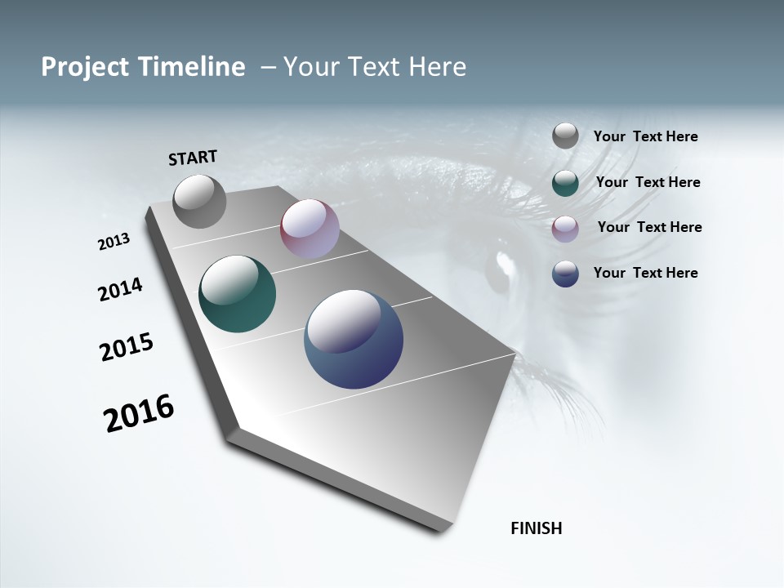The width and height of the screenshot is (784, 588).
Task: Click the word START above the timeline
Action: coord(193,158)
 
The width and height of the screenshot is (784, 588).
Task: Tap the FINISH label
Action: coord(536,528)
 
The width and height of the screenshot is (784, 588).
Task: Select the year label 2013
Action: coord(114,242)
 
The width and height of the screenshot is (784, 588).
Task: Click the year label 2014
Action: coord(120,289)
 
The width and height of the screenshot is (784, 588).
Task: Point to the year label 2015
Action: coord(127,347)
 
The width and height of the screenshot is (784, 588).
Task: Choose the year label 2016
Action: coord(139,413)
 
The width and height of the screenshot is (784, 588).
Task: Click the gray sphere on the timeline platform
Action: coord(199,201)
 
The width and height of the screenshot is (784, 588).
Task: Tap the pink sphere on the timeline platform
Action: coord(310,229)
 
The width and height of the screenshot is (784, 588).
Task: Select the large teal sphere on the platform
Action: coord(237,294)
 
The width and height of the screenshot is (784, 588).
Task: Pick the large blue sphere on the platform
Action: coord(354,339)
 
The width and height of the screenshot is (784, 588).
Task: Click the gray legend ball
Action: coord(565,136)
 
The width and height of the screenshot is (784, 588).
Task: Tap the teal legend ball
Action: coord(565,183)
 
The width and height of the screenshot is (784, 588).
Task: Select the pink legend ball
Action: coord(565,229)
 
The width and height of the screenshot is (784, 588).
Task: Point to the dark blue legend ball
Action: coord(565,274)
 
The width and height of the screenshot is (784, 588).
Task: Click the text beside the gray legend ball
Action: coord(645,137)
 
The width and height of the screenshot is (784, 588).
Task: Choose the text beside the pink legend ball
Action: coord(649,227)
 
